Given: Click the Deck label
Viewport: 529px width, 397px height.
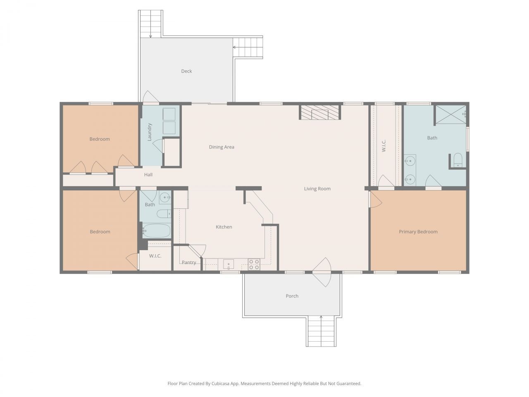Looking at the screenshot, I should tap(186, 71).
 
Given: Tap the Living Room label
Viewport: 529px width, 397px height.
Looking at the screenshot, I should tap(317, 189).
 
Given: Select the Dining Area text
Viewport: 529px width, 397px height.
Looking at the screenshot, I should tap(222, 147).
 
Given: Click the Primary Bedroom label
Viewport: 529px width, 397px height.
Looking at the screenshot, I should tap(418, 232).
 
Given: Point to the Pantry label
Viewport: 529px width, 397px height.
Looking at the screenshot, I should tap(189, 263).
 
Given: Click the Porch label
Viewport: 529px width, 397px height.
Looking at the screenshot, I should tap(292, 296).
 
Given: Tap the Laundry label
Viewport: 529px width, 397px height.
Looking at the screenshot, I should tap(150, 132).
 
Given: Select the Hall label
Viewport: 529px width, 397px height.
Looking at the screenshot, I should tap(148, 175).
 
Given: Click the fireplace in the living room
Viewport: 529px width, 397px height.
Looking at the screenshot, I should tap(320, 112).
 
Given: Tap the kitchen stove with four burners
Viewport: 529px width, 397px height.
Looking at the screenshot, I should tap(254, 265).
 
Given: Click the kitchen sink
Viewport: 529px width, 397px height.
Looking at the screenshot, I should tap(228, 264).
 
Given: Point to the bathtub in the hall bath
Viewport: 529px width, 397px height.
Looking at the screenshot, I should tap(157, 231).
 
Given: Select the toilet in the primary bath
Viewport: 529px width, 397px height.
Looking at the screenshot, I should tap(458, 160).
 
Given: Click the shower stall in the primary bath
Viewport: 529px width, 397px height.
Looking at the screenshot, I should tap(450, 115).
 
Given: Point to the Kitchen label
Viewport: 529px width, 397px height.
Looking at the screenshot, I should tap(224, 227).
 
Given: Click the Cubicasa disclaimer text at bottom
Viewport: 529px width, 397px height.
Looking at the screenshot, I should tap(264, 384).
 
